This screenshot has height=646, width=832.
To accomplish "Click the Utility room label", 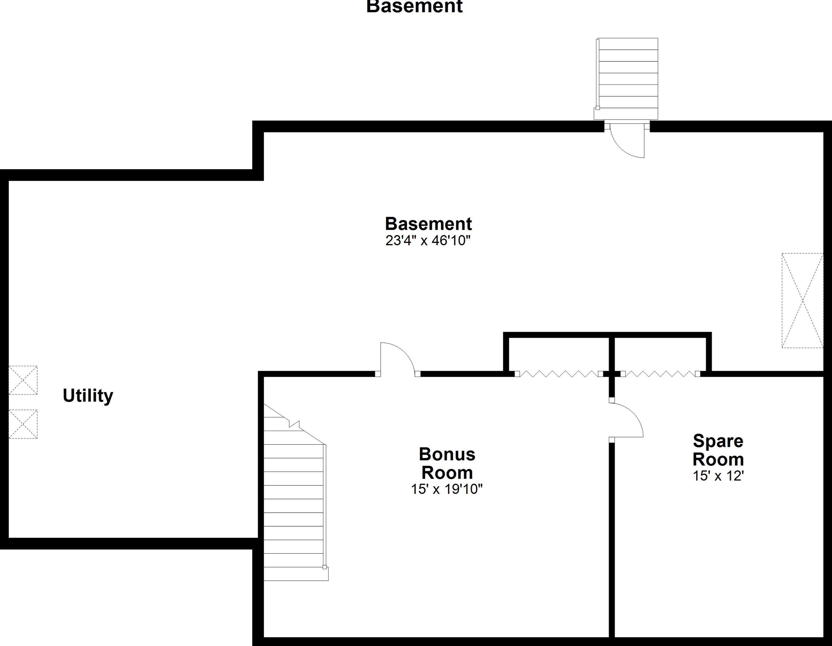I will (x=88, y=396).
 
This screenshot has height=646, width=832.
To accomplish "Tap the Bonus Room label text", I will (x=447, y=463).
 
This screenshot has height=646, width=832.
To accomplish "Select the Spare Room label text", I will (x=718, y=450).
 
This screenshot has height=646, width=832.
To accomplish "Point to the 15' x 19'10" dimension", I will (x=446, y=489).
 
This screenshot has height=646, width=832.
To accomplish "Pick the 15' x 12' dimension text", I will (x=718, y=476).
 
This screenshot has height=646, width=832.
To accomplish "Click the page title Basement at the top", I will (x=415, y=7).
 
